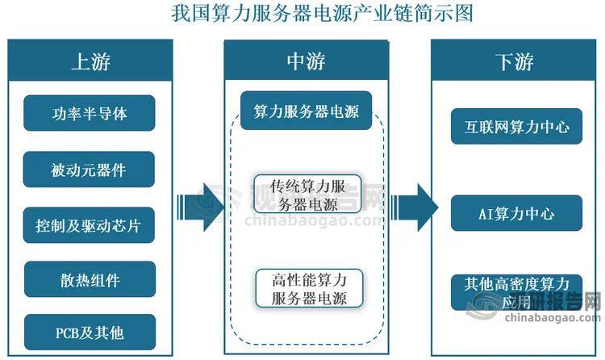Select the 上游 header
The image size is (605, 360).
90,61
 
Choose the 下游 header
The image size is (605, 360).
514,61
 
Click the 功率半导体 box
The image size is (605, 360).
89,113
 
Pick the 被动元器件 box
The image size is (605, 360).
89,170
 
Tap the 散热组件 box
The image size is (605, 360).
89,280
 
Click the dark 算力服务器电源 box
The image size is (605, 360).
306,111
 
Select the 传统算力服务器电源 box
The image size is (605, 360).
306,193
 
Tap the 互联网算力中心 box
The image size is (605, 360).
517,126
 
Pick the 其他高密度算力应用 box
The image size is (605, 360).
517,292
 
